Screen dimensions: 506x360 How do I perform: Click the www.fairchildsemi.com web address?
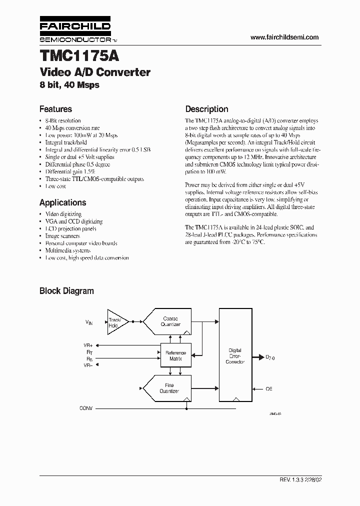pyautogui.click(x=284, y=37)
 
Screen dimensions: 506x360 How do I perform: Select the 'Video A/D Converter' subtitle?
pyautogui.click(x=95, y=72)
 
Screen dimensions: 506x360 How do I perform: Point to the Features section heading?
pyautogui.click(x=55, y=109)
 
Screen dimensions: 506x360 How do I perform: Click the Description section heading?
pyautogui.click(x=206, y=109)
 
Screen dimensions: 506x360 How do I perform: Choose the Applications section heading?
pyautogui.click(x=62, y=202)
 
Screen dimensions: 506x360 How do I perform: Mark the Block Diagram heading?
pyautogui.click(x=66, y=290)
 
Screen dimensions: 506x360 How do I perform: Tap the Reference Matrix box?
pyautogui.click(x=175, y=355)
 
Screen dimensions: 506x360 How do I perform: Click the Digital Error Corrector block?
pyautogui.click(x=234, y=355)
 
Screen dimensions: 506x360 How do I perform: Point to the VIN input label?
pyautogui.click(x=89, y=322)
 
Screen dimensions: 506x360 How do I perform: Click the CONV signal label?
pyautogui.click(x=86, y=408)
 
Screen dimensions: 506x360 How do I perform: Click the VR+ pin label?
pyautogui.click(x=87, y=345)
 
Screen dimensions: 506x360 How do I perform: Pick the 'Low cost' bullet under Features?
pyautogui.click(x=56, y=186)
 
